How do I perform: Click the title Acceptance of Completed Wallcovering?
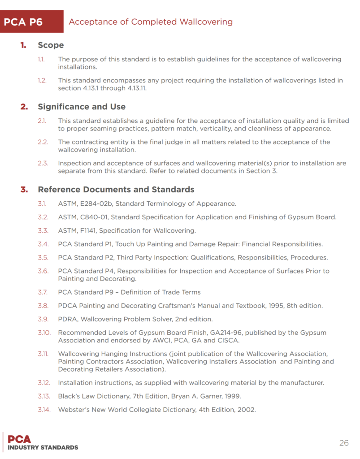[151, 22]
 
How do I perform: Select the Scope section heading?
[51, 45]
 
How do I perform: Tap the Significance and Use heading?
[82, 107]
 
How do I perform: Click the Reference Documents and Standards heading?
[116, 189]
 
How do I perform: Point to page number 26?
[344, 443]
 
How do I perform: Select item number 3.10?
[44, 333]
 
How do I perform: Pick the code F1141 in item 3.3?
[89, 231]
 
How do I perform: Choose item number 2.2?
[43, 142]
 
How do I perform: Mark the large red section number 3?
[23, 189]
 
